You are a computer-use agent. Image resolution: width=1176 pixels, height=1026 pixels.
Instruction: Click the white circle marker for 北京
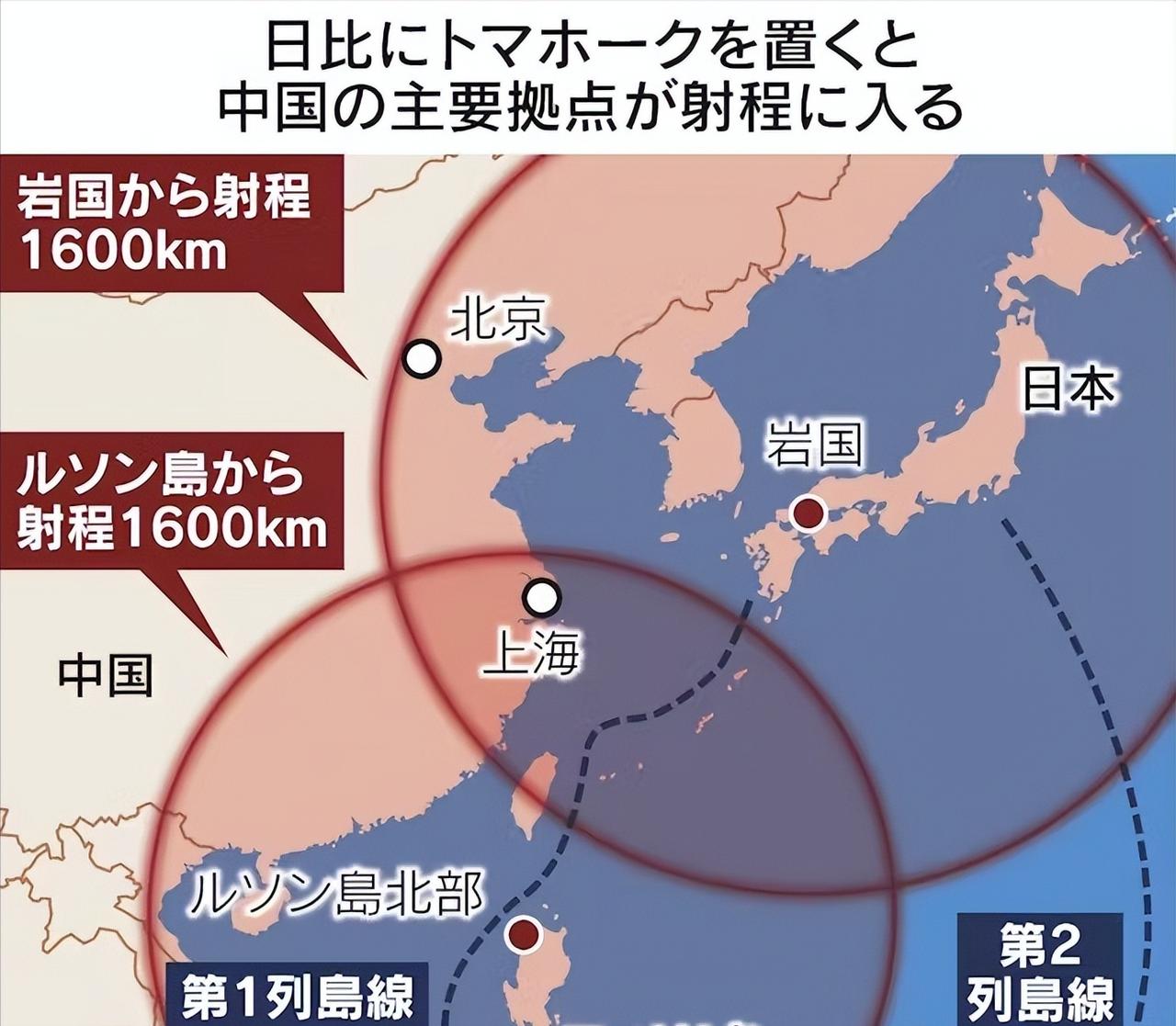click(x=422, y=358)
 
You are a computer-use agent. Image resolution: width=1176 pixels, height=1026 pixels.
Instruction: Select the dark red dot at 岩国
click(x=809, y=513)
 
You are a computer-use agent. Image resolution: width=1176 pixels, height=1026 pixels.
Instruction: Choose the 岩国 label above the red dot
click(x=815, y=445)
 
